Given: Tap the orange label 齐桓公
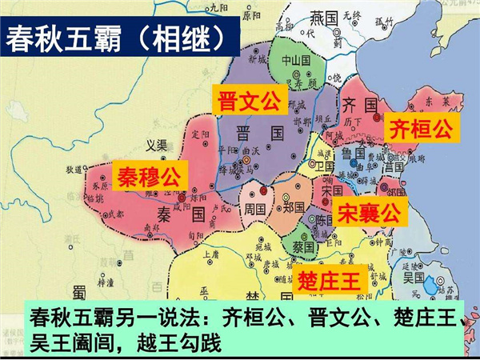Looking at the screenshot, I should pos(419,128).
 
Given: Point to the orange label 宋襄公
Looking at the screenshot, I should pos(367,212).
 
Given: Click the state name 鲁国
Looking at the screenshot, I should pos(349,154).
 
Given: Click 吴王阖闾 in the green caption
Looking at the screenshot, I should pos(62,342).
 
